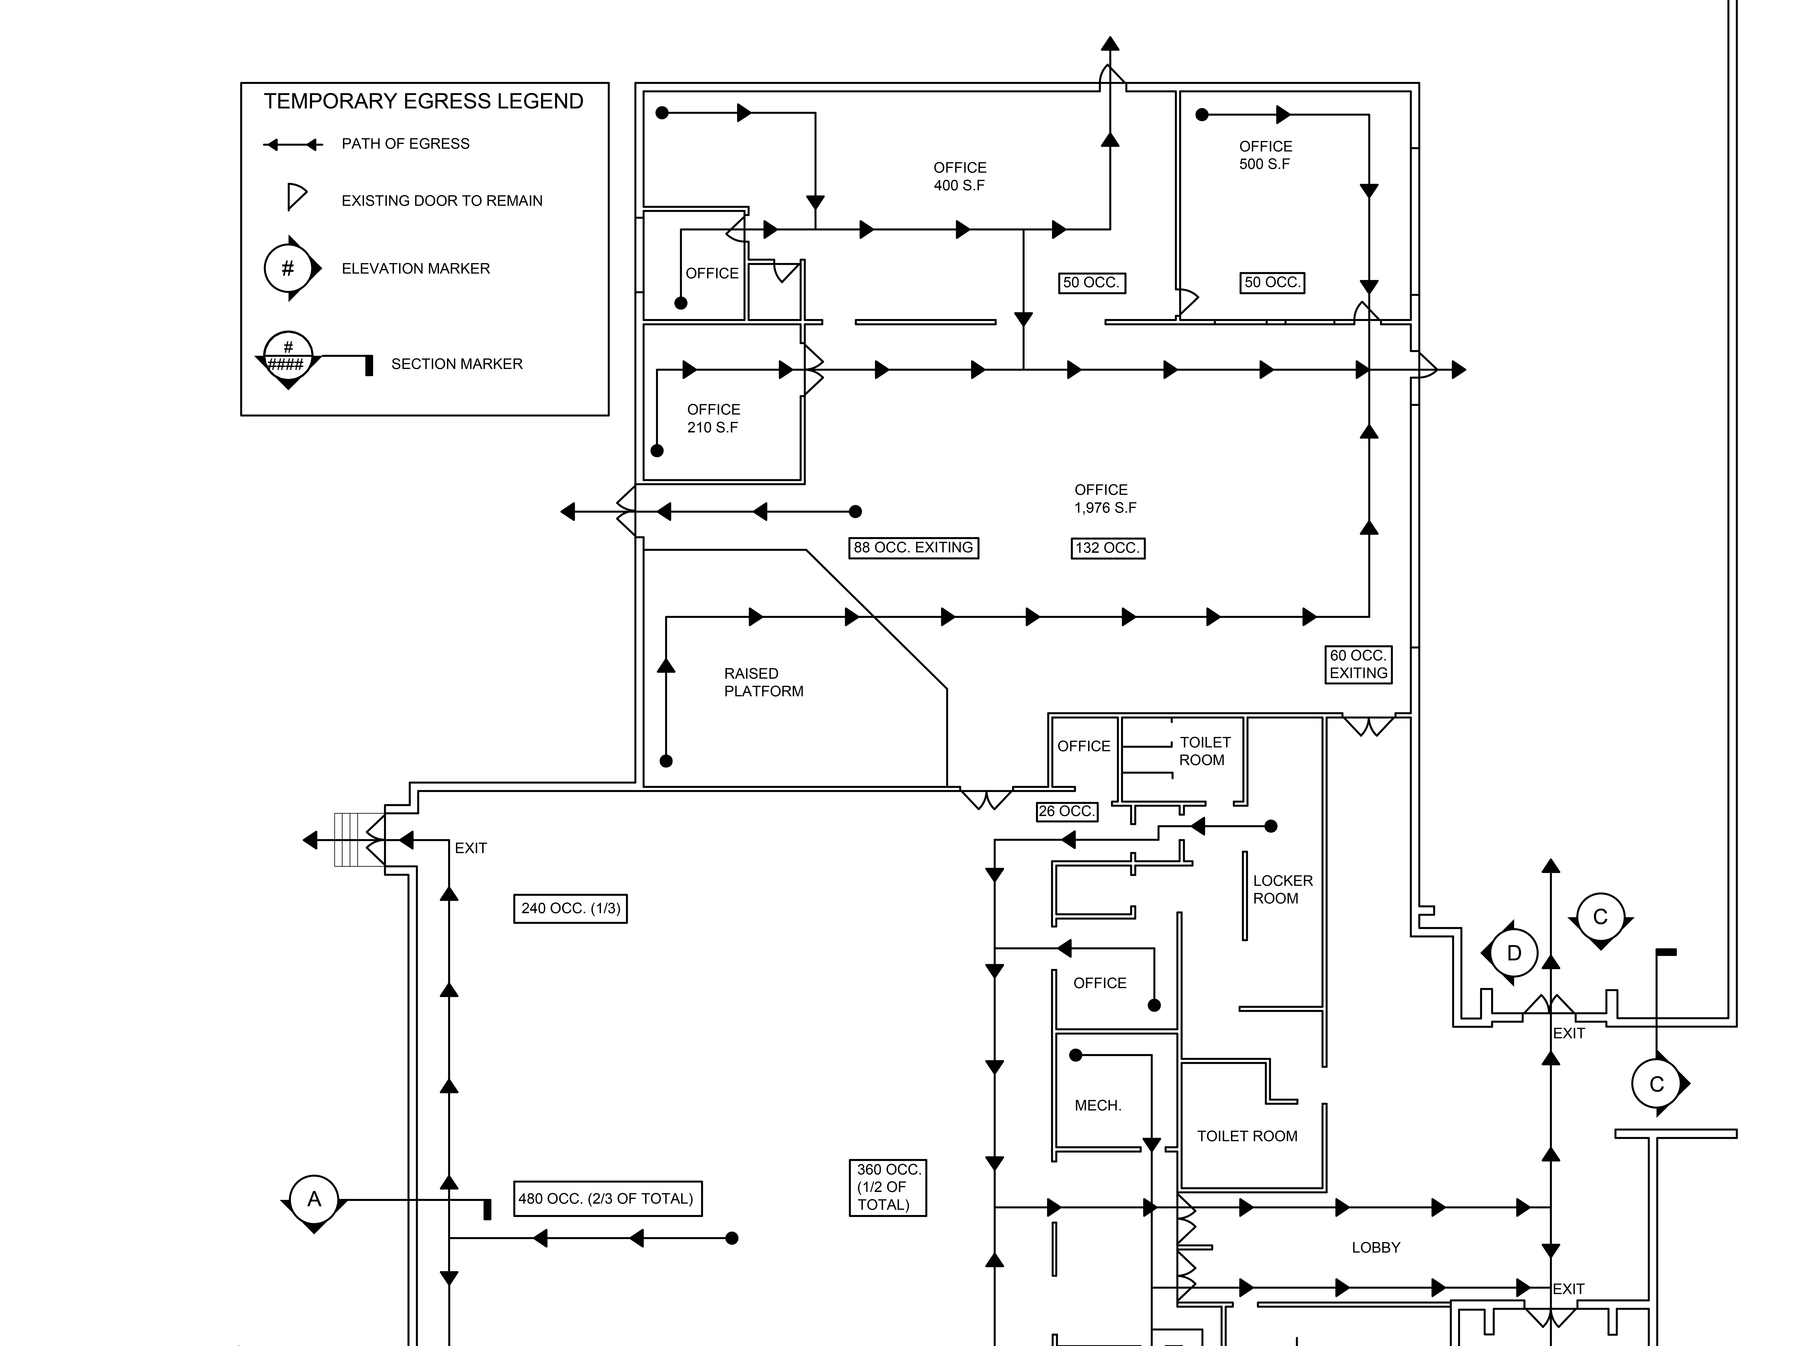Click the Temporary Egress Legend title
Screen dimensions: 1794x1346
coord(423,102)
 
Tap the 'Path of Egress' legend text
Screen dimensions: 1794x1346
coord(405,144)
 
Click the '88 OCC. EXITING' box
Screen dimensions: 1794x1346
coord(913,548)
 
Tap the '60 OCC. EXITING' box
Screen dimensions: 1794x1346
coord(1358,665)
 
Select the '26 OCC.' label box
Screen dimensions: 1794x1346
coord(1067,811)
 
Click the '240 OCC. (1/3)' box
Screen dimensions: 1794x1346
coord(570,909)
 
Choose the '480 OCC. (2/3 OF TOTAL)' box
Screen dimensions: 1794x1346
coord(607,1198)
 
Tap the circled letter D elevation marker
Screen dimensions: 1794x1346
coord(1513,953)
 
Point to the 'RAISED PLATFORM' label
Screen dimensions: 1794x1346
coord(763,682)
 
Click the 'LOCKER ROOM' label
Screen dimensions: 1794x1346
coord(1282,889)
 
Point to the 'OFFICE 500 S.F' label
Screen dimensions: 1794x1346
coord(1265,155)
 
